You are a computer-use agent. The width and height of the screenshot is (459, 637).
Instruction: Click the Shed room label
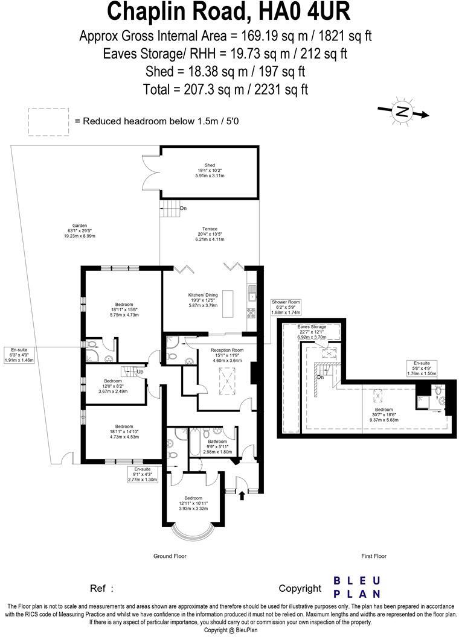[210, 170]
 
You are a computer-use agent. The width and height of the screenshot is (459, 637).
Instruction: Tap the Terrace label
[210, 234]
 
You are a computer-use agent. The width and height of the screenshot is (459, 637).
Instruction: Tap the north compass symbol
[402, 112]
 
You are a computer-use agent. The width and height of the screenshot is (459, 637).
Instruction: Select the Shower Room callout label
[286, 308]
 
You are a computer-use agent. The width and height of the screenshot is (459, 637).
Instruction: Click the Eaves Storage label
[311, 332]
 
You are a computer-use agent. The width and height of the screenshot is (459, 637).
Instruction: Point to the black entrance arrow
[242, 495]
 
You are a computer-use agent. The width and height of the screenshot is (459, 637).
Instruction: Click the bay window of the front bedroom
[192, 531]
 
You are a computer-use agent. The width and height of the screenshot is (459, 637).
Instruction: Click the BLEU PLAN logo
[357, 587]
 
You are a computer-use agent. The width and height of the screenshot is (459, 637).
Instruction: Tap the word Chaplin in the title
[149, 11]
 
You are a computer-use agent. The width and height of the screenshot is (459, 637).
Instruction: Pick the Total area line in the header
[225, 89]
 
